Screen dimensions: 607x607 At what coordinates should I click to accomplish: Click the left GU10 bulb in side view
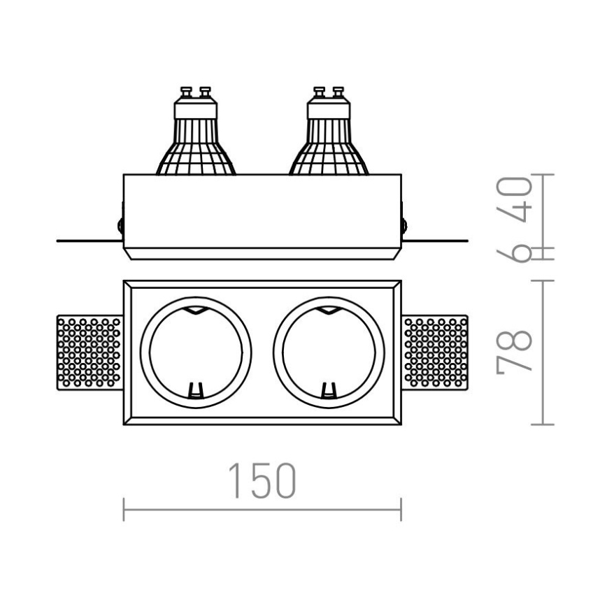point(195,136)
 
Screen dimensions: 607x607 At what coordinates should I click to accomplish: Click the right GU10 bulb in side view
point(329,136)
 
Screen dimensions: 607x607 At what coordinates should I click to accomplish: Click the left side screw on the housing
point(121,225)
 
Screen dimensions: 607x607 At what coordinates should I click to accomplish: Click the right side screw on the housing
point(404,225)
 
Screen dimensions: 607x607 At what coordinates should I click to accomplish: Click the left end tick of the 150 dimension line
point(124,509)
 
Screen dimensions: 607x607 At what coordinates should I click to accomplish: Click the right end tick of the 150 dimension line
point(401,509)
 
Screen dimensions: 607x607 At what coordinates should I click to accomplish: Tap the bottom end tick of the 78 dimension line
point(543,424)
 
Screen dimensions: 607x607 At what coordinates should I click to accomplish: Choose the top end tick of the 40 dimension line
point(543,174)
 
